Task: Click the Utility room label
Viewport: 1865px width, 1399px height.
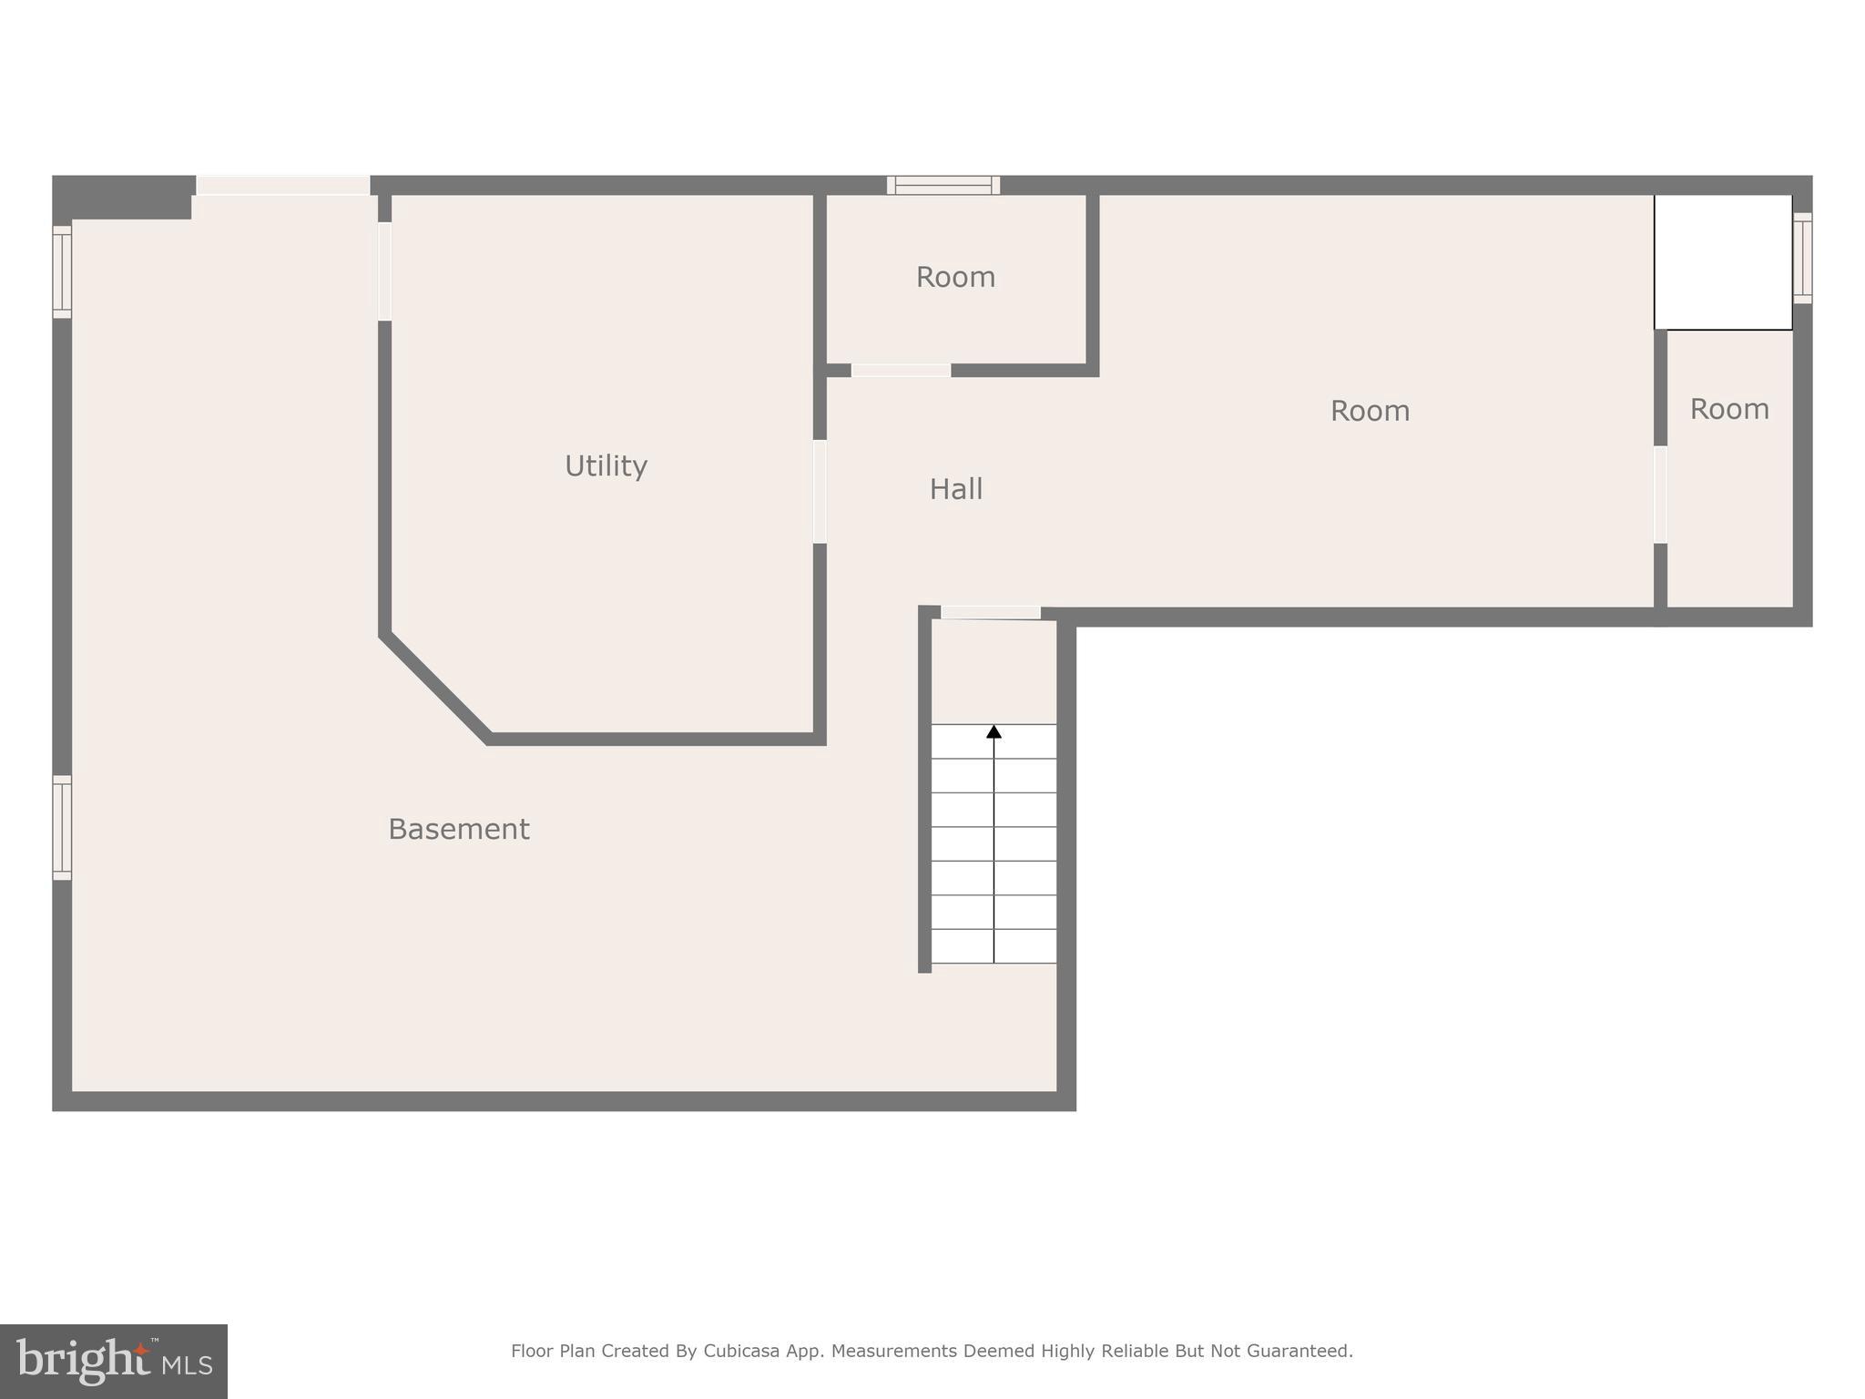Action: click(606, 466)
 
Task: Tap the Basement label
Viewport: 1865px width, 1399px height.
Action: click(458, 829)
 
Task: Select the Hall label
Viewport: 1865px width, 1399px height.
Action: click(955, 489)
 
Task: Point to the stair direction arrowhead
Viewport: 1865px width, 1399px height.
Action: click(994, 731)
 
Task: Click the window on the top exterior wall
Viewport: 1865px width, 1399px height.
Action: click(943, 185)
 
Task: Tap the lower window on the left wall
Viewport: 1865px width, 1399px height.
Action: click(62, 827)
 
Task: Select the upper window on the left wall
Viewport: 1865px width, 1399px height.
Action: click(62, 271)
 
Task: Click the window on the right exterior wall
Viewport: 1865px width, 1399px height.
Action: click(1802, 257)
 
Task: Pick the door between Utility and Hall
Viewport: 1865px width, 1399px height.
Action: click(820, 492)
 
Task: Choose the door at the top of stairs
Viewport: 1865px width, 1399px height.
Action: click(991, 613)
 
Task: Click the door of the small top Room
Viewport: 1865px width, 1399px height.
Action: click(901, 370)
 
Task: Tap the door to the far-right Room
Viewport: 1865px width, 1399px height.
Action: click(1660, 495)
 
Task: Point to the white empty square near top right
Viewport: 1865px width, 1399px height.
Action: click(1723, 262)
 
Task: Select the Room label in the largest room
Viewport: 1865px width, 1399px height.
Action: click(1370, 411)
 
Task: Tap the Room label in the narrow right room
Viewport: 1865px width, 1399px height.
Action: click(1729, 409)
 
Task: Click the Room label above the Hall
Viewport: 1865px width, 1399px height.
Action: click(955, 277)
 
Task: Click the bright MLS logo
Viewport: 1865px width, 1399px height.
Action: click(114, 1361)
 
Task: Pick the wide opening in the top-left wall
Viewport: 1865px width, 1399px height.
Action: click(283, 185)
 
